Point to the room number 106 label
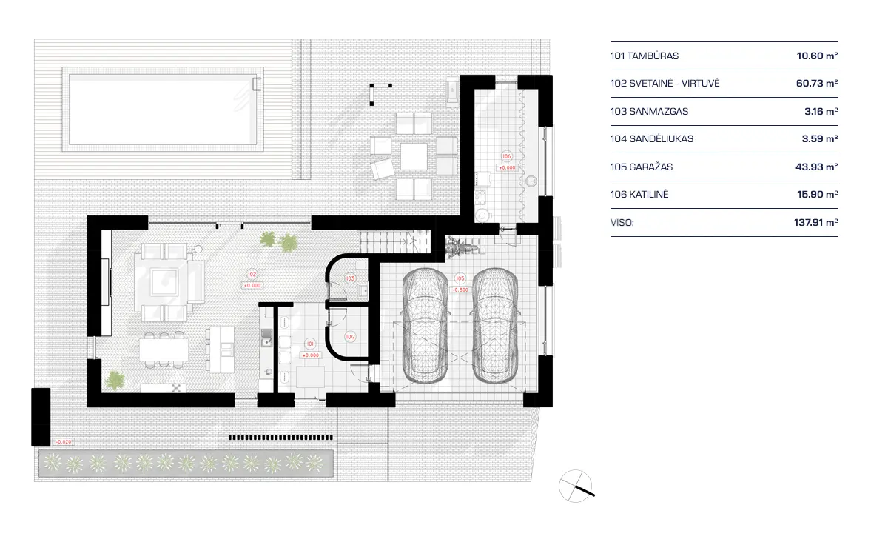pyautogui.click(x=506, y=157)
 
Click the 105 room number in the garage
pyautogui.click(x=460, y=279)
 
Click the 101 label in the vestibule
pyautogui.click(x=311, y=344)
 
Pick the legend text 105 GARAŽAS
pyautogui.click(x=642, y=167)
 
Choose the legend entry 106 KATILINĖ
pyautogui.click(x=642, y=195)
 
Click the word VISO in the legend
pyautogui.click(x=622, y=221)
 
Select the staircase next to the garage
pyautogui.click(x=395, y=241)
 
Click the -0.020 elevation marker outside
pyautogui.click(x=64, y=442)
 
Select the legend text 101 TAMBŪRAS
pyautogui.click(x=645, y=56)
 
